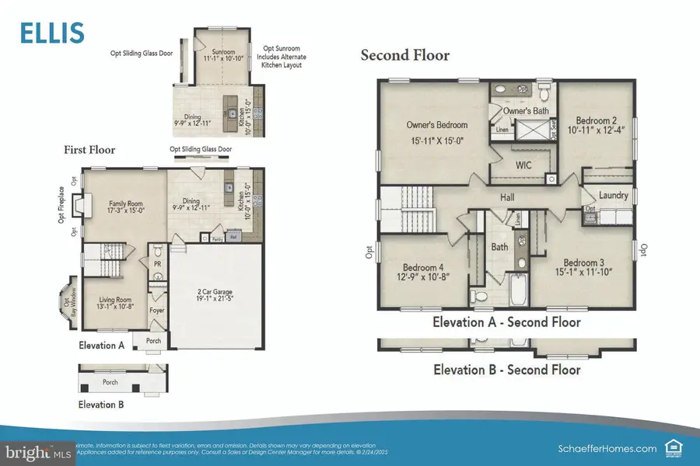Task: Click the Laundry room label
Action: click(613, 196)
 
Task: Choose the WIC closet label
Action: click(524, 165)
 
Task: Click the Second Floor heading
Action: click(404, 56)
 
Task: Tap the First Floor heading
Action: click(89, 150)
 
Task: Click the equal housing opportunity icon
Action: click(672, 447)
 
